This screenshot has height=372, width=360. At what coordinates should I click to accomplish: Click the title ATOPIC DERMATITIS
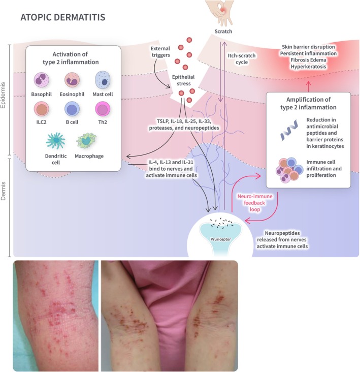62,17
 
